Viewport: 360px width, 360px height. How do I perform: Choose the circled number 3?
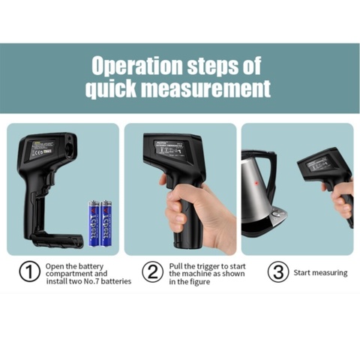[278, 272]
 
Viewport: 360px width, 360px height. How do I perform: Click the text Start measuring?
[320, 273]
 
